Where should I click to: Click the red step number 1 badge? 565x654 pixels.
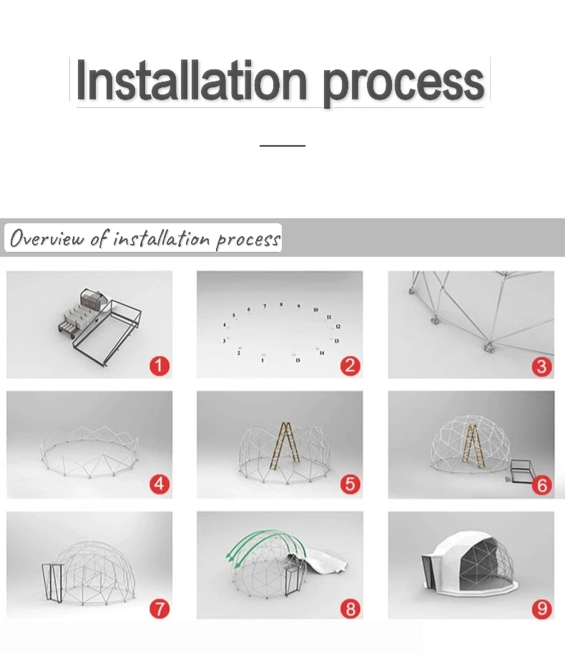159,366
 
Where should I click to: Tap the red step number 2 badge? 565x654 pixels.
350,366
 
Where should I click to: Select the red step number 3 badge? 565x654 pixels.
541,366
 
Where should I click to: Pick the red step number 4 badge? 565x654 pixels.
159,484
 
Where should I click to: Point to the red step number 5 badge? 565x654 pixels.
350,484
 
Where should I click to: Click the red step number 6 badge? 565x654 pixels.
541,485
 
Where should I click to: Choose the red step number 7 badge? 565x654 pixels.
159,608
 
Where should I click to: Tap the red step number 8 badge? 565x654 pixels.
350,608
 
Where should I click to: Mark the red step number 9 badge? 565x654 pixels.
541,608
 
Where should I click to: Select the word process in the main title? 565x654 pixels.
403,84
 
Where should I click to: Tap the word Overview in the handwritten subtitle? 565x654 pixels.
46,238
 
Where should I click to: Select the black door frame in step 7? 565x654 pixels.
53,582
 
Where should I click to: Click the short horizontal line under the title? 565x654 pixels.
282,145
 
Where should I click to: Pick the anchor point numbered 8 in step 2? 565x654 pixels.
281,305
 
